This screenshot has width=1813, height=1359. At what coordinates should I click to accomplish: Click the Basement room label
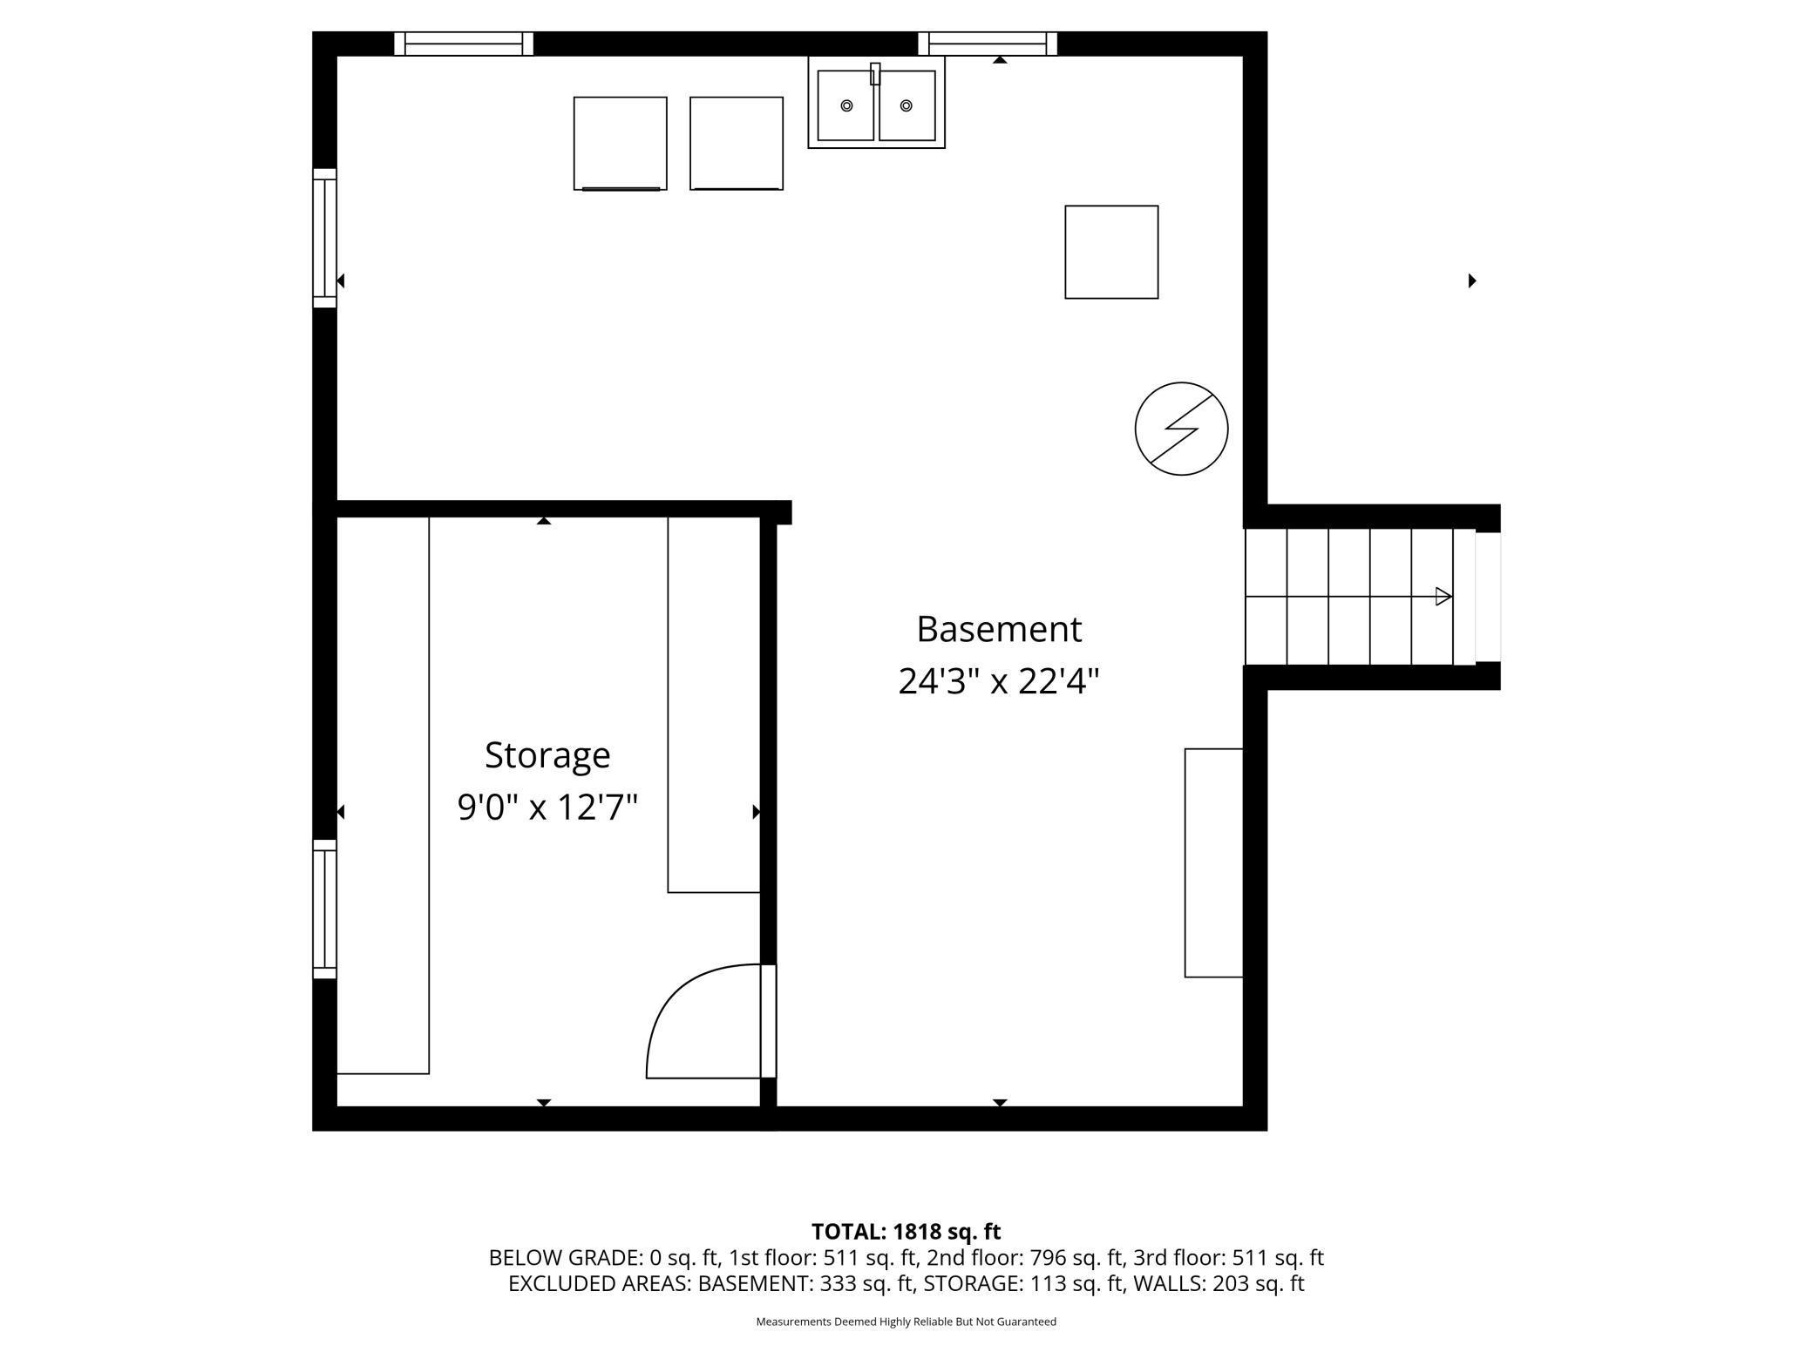click(999, 629)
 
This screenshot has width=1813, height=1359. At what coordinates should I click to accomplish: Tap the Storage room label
click(547, 754)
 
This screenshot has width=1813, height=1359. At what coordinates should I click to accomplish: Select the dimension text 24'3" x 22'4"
click(999, 681)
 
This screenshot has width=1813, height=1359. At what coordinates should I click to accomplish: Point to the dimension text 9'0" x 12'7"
click(547, 807)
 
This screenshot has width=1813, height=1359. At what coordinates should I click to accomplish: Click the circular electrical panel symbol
click(1181, 429)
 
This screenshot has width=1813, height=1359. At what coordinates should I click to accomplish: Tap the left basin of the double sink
click(845, 106)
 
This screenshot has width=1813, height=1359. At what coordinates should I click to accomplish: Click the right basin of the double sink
click(906, 106)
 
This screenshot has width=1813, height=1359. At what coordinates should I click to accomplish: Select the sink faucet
click(875, 75)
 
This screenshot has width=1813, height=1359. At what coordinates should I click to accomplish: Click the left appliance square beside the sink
click(620, 143)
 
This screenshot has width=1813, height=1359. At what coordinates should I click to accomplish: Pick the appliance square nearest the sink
click(737, 143)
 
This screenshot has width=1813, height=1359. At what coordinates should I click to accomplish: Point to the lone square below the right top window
click(1111, 252)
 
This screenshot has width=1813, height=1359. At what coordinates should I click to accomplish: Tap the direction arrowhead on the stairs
click(1443, 597)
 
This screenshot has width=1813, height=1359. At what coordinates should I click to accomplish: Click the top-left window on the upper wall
click(464, 44)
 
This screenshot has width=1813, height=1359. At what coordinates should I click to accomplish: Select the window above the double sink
click(988, 44)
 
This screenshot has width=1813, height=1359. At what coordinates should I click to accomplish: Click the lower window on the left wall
click(324, 909)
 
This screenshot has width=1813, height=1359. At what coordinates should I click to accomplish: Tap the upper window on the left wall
click(324, 237)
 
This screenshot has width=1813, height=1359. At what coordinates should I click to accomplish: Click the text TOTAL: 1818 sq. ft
click(906, 1232)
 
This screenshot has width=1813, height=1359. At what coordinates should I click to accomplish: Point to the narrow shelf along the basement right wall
click(1213, 862)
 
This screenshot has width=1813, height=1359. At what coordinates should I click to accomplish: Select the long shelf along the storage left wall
click(383, 794)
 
